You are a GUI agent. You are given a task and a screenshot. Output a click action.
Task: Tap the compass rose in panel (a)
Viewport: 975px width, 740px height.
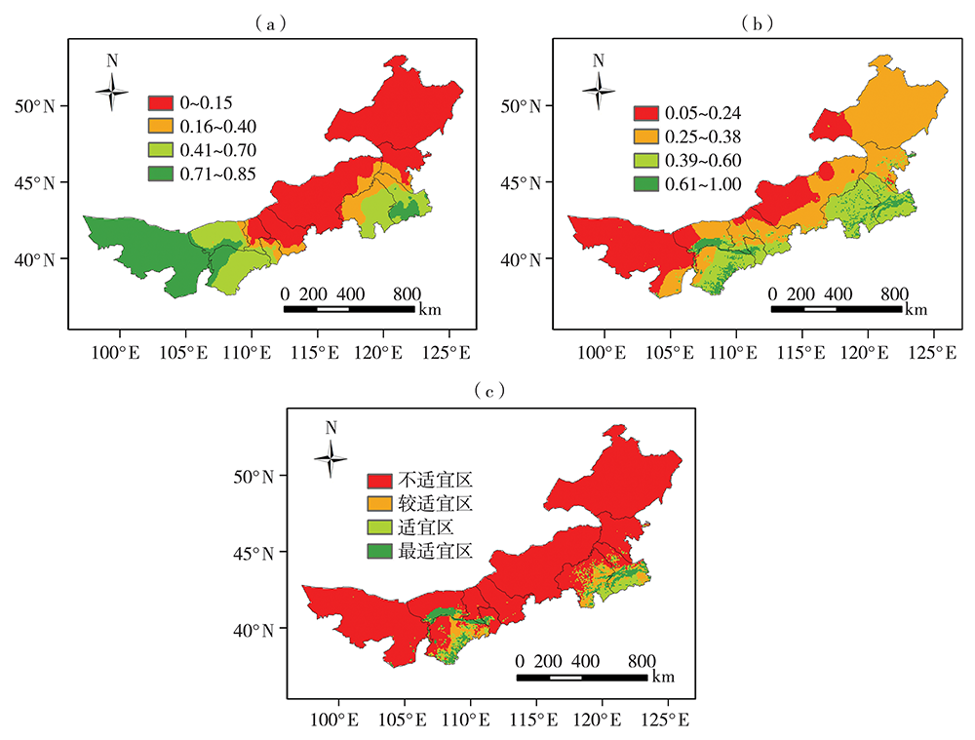click(112, 92)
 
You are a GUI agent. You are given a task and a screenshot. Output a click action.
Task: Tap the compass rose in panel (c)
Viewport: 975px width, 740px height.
click(331, 457)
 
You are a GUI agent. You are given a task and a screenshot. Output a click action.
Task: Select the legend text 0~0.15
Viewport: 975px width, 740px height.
click(206, 102)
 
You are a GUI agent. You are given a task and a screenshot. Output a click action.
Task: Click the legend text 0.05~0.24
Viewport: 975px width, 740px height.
click(703, 114)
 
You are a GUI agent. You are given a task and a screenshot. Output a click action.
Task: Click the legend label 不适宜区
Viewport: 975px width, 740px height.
click(435, 481)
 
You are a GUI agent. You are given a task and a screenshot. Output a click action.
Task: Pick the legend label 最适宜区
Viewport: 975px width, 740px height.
click(435, 551)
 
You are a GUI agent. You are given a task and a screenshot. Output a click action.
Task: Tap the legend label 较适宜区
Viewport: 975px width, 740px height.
click(435, 504)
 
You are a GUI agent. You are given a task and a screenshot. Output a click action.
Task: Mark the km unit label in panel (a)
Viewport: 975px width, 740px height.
click(429, 311)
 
